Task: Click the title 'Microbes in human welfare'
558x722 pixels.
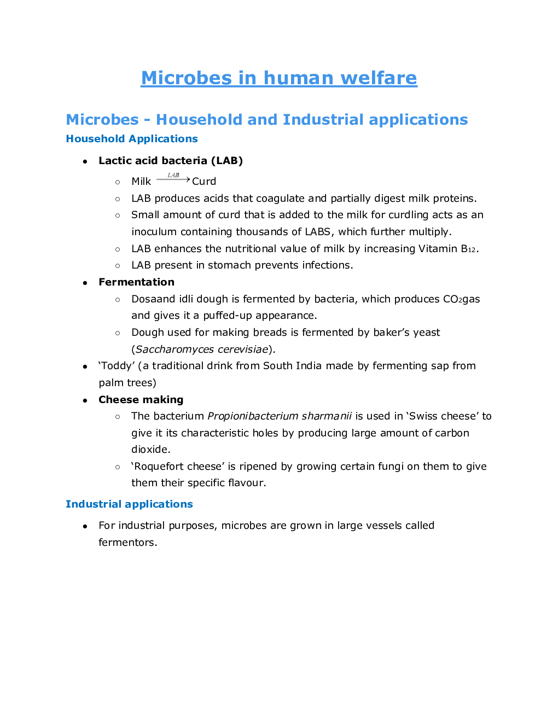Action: click(x=279, y=78)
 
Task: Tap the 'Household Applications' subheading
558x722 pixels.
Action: click(x=132, y=139)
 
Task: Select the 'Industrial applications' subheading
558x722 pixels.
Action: click(x=129, y=504)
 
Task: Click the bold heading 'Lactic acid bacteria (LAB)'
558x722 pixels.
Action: click(x=171, y=161)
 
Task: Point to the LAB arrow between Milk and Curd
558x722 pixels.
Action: click(x=173, y=178)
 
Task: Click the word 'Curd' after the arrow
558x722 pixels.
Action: click(x=204, y=182)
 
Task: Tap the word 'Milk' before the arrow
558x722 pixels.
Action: click(x=141, y=182)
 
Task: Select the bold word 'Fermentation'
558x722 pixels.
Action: click(x=137, y=282)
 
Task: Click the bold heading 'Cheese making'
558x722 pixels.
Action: click(x=141, y=400)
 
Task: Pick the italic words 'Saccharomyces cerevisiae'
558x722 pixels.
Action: click(x=202, y=350)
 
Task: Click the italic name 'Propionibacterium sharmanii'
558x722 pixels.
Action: click(x=280, y=416)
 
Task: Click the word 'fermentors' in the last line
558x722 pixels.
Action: click(x=126, y=543)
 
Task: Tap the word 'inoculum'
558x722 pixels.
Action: click(x=154, y=232)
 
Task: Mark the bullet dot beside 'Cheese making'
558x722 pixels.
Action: click(x=85, y=400)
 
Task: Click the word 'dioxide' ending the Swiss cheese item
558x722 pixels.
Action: click(x=150, y=450)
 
